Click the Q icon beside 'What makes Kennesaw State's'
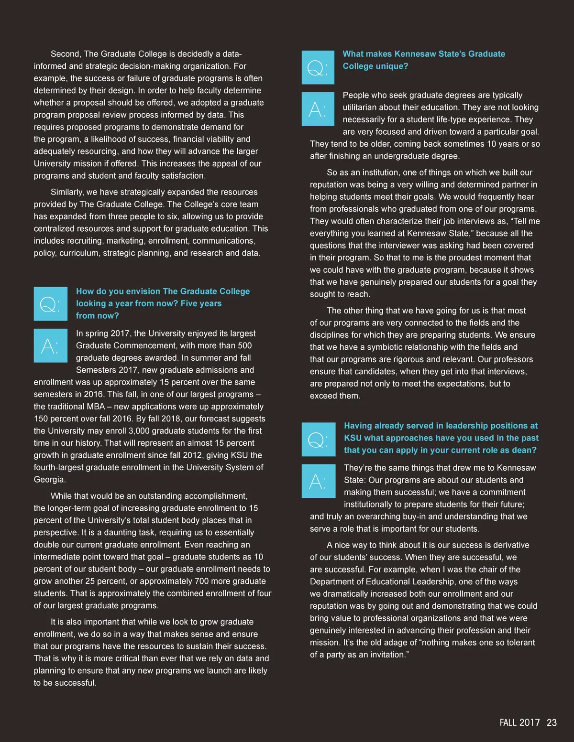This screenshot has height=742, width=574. (318, 67)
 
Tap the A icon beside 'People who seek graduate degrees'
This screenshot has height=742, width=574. (318, 109)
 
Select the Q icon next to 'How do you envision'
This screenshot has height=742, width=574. (50, 304)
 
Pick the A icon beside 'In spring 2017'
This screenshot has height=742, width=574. (50, 345)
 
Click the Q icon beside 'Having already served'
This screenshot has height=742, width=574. (319, 439)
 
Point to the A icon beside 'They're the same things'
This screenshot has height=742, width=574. (319, 481)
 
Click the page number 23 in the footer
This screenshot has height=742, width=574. (552, 722)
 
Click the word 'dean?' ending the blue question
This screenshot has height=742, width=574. (525, 450)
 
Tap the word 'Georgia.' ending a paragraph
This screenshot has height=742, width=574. (50, 479)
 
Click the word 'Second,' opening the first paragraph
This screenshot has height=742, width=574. (66, 54)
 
